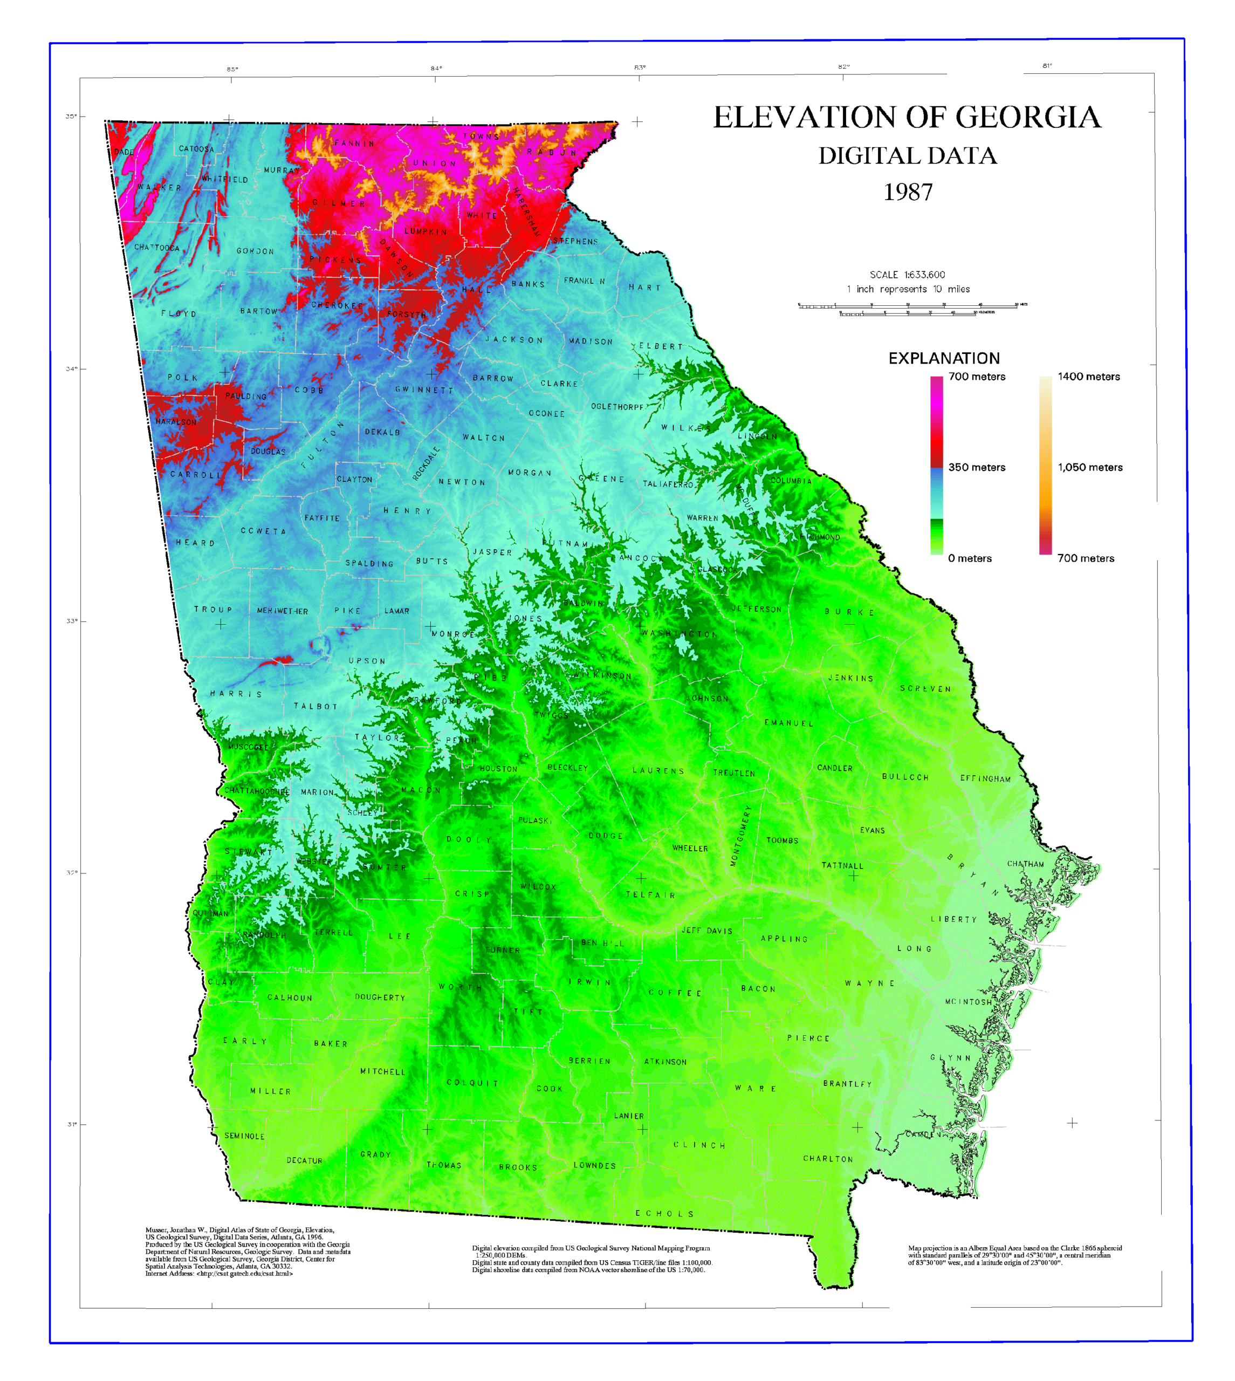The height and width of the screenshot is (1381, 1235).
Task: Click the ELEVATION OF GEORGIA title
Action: pyautogui.click(x=907, y=118)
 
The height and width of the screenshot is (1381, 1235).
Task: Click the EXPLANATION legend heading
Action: pyautogui.click(x=944, y=358)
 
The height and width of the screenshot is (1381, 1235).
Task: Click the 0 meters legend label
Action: pyautogui.click(x=970, y=558)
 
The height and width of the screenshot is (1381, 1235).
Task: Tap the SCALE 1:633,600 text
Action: pyautogui.click(x=907, y=275)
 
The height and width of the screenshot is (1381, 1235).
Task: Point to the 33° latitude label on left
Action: pyautogui.click(x=71, y=621)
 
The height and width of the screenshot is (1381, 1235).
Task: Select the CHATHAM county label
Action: pyautogui.click(x=1025, y=864)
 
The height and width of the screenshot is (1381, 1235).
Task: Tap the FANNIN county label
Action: pyautogui.click(x=354, y=143)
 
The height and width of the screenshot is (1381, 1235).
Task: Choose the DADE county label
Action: pyautogui.click(x=123, y=152)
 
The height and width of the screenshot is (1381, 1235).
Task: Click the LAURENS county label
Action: pyautogui.click(x=658, y=771)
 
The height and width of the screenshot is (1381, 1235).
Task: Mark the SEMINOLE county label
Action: pyautogui.click(x=244, y=1136)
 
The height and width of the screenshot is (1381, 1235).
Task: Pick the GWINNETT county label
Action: pyautogui.click(x=424, y=390)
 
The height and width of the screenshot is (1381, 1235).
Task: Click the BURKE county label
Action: pyautogui.click(x=849, y=612)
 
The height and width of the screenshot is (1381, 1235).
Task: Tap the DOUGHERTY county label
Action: pyautogui.click(x=379, y=997)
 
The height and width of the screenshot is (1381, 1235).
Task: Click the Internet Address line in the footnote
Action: pyautogui.click(x=219, y=1274)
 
